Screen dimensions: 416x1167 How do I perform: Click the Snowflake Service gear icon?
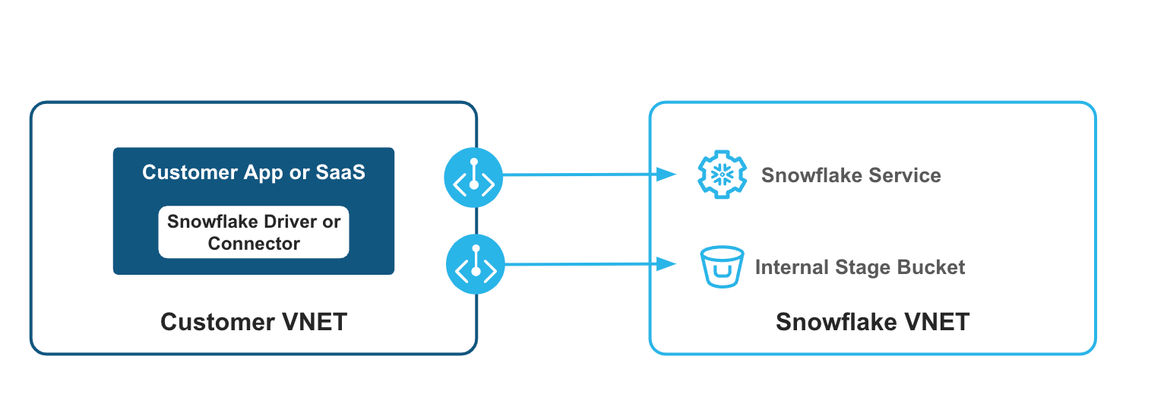717,175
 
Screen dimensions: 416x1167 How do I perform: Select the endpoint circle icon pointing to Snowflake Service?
473,177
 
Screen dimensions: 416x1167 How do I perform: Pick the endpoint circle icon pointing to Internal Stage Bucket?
476,264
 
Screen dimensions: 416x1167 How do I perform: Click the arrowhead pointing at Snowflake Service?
667,175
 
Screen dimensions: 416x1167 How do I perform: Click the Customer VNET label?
254,322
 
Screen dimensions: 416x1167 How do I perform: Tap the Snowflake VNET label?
872,322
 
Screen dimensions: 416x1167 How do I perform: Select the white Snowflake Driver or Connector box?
254,232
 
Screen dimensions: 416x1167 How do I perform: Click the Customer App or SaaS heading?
254,172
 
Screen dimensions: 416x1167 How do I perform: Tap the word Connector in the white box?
254,244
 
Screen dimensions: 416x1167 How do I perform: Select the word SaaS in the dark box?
340,172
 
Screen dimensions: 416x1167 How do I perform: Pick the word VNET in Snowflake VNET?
934,322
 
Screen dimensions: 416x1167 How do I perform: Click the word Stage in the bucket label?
862,267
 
